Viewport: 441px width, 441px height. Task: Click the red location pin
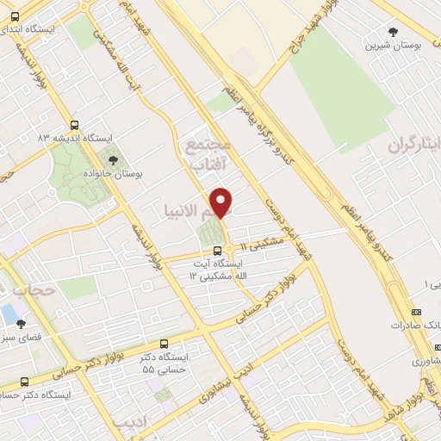point(221,202)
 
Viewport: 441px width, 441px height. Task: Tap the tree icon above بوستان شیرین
point(394,32)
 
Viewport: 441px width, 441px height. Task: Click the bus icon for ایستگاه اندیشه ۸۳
point(75,125)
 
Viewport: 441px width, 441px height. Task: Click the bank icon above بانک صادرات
point(417,312)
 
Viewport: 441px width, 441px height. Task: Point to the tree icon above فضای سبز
point(22,324)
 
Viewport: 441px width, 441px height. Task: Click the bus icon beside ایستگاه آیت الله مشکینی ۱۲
point(217,251)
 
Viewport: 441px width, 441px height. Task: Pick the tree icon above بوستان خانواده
point(111,159)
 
